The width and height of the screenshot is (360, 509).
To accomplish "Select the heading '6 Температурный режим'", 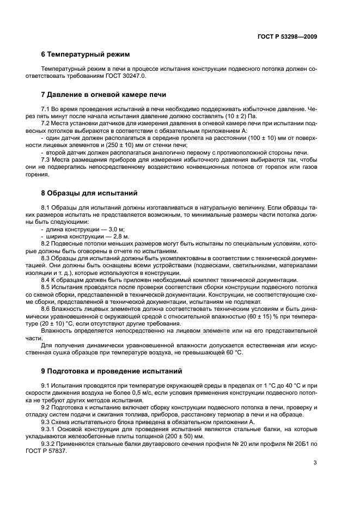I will [85, 55].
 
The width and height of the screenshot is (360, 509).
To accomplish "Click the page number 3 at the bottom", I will [315, 463].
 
